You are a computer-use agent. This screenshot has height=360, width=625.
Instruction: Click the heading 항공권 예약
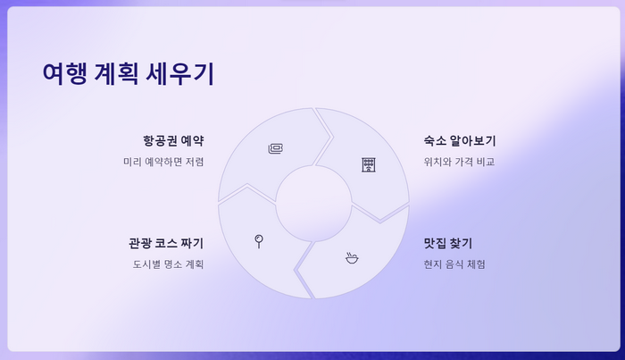pos(173,141)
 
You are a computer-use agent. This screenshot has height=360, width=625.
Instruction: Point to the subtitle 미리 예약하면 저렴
pos(163,162)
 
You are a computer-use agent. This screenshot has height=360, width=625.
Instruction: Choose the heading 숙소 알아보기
pos(460,141)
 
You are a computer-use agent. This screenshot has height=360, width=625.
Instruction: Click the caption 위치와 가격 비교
pos(459,162)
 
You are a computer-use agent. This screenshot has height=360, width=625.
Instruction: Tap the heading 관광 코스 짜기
pos(166,243)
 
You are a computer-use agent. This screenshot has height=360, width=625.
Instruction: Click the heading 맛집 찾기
pos(448,243)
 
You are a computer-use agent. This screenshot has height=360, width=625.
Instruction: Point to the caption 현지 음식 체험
pos(454,264)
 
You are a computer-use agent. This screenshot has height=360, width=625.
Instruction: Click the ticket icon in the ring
pos(276,148)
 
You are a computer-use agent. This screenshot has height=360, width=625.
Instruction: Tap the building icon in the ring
pos(369,164)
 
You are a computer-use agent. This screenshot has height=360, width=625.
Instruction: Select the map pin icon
pos(259,240)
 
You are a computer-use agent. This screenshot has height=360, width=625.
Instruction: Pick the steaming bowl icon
pos(352,258)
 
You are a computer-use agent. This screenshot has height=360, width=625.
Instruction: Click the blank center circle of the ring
pos(313,203)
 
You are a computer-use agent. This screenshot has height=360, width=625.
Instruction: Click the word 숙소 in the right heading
pos(436,141)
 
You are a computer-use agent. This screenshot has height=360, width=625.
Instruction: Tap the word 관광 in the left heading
pos(140,243)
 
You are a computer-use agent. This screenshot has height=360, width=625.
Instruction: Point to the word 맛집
pos(436,243)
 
